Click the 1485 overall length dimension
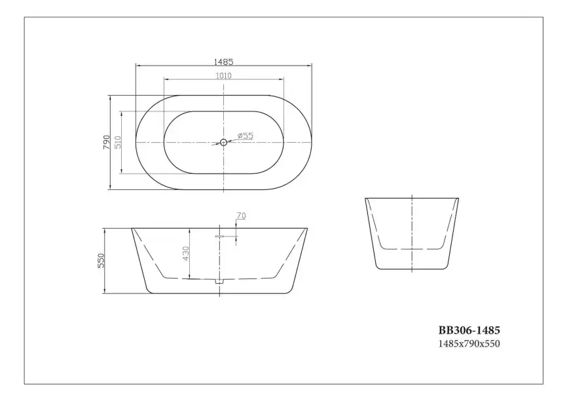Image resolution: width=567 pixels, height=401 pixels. tap(223, 62)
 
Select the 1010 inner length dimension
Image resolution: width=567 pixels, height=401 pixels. tap(223, 75)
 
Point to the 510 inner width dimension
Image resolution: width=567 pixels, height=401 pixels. tap(118, 142)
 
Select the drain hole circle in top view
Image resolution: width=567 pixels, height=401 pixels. tap(223, 142)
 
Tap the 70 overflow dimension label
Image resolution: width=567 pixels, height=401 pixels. tap(240, 216)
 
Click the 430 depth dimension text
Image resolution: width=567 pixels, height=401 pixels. tap(186, 254)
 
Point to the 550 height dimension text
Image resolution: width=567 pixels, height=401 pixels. tap(101, 261)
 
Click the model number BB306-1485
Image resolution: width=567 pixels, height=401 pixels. tap(469, 332)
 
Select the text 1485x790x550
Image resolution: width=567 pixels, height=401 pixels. tap(469, 343)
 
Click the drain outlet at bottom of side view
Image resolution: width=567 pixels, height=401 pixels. tap(219, 280)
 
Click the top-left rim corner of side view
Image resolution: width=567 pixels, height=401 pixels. tap(132, 229)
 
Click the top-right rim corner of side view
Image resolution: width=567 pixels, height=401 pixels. tap(307, 229)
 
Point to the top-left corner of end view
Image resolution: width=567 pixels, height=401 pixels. tap(365, 197)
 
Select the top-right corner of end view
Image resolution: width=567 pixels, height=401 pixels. tap(458, 197)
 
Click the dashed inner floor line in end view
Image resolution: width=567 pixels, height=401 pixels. tap(411, 250)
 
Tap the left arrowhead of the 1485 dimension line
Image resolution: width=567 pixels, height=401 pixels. tap(137, 66)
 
